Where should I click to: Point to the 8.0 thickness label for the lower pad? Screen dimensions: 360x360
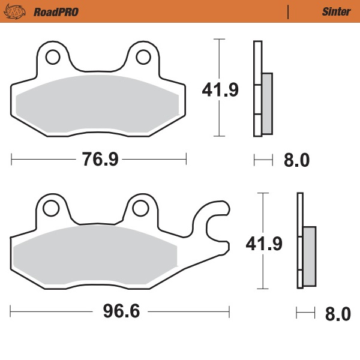tap(337, 314)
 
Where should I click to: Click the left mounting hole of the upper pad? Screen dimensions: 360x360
tap(52, 58)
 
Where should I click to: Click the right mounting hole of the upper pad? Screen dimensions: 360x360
tap(143, 58)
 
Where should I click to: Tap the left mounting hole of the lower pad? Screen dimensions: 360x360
tap(49, 208)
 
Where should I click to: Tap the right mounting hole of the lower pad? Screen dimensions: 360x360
tap(140, 208)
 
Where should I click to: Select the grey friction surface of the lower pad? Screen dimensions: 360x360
tap(93, 255)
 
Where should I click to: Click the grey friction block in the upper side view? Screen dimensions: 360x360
tap(267, 103)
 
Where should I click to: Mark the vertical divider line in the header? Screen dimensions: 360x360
tap(289, 11)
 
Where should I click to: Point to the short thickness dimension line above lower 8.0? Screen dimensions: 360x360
tap(305, 312)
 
